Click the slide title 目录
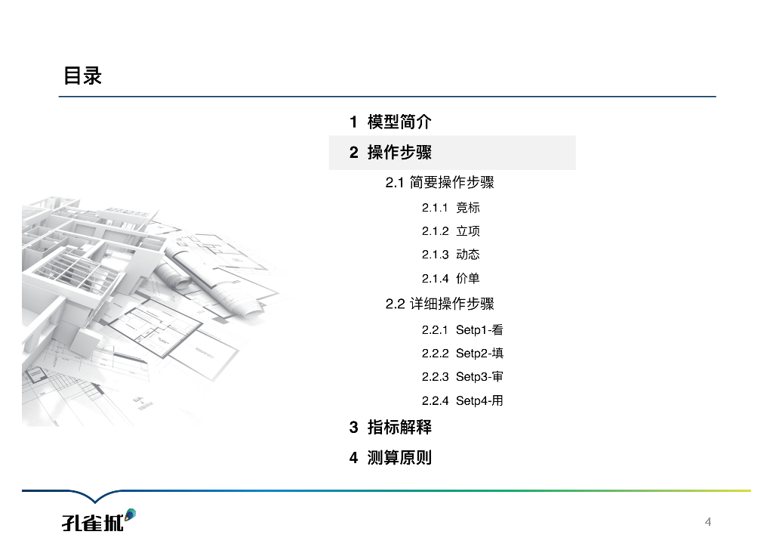coord(82,76)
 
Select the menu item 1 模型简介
coord(390,122)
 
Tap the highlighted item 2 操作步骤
coord(390,153)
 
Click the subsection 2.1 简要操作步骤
coord(439,183)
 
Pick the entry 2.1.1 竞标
coord(451,208)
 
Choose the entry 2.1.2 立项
coord(451,231)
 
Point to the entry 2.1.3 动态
coord(451,255)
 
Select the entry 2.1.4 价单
coord(451,279)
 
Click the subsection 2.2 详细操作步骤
coord(439,304)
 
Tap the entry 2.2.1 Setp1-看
coord(462,330)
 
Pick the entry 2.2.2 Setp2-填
coord(462,354)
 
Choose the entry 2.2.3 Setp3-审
coord(462,377)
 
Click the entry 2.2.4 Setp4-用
coord(462,401)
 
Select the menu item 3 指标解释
coord(390,428)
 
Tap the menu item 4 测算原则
coord(390,458)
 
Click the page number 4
coord(708,522)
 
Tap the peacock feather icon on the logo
coord(130,515)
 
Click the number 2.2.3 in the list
coord(435,377)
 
